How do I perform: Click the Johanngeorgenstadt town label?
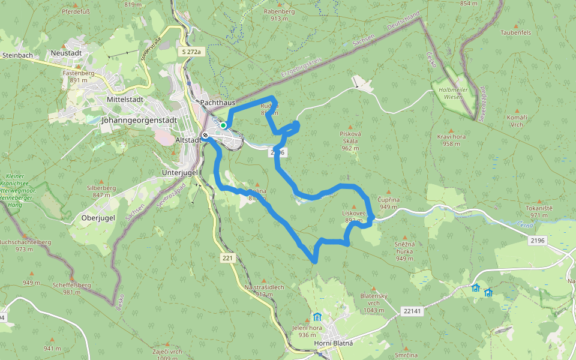coord(140,120)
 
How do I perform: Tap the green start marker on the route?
coord(223,125)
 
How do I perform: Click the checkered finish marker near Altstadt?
coord(205,135)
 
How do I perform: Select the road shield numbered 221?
coord(226,258)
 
